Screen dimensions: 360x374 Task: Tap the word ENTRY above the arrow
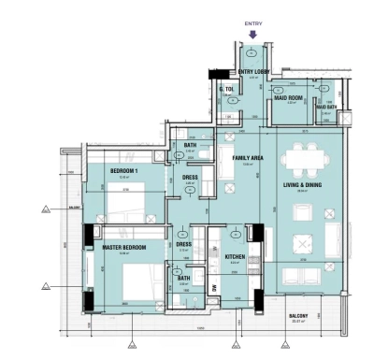[253, 23]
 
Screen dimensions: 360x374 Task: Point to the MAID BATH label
[326, 107]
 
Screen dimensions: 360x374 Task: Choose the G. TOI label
[227, 90]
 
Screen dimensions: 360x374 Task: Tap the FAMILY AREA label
[248, 159]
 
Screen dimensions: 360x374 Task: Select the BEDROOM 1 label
[124, 172]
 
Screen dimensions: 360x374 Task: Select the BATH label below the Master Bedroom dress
[183, 278]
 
